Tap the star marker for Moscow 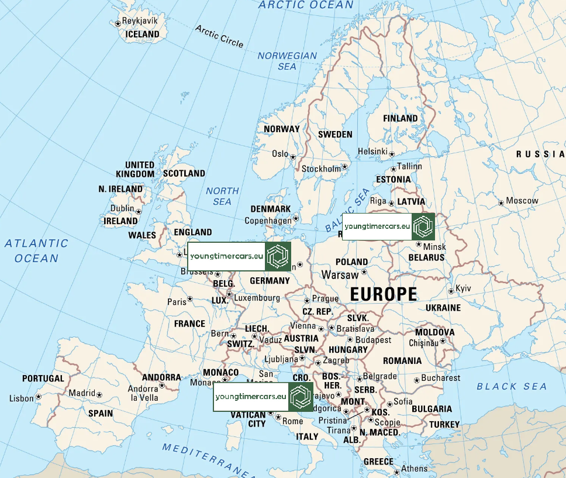[501, 203]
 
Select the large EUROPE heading [384, 294]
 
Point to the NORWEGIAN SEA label [287, 61]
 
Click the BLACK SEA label [512, 386]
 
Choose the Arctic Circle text [219, 36]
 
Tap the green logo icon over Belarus [423, 226]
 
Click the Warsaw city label [340, 274]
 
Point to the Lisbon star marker [39, 396]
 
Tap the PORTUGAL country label [43, 379]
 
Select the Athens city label [414, 468]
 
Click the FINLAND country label [401, 118]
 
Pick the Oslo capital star [293, 156]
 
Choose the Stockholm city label [320, 169]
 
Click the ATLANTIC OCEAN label [37, 250]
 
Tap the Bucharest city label [441, 378]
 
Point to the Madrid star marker [99, 396]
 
